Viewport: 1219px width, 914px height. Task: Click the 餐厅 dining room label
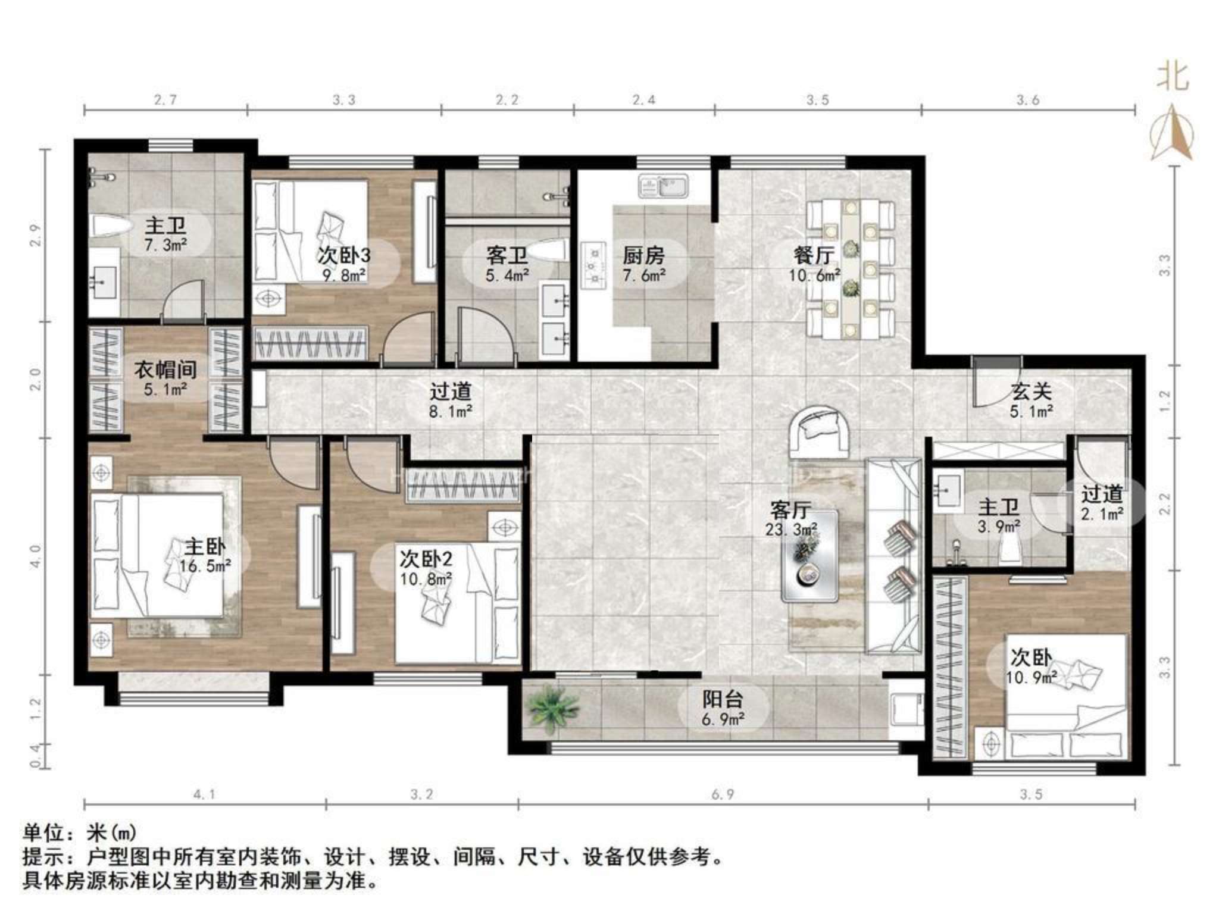pos(814,255)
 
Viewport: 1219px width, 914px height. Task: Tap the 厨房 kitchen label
pos(643,255)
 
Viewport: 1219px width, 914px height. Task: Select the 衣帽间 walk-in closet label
pos(165,370)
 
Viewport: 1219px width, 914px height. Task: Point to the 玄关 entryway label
pos(1032,391)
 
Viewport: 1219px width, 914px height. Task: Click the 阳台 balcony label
pos(723,699)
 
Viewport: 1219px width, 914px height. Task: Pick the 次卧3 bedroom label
pos(343,255)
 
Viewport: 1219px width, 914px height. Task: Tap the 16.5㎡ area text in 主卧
pos(205,566)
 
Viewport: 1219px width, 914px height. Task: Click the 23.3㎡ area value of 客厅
pos(791,529)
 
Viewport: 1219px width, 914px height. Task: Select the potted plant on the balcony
pos(554,708)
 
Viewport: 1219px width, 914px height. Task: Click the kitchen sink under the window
pos(663,186)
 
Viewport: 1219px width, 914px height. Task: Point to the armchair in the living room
pos(819,432)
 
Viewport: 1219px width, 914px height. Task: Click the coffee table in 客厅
pos(809,555)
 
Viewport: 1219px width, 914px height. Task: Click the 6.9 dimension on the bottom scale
pos(722,794)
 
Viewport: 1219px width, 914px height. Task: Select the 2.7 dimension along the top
pos(165,99)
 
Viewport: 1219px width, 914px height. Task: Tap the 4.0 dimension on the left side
pos(35,556)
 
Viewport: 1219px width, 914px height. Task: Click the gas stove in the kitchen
pos(593,265)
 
